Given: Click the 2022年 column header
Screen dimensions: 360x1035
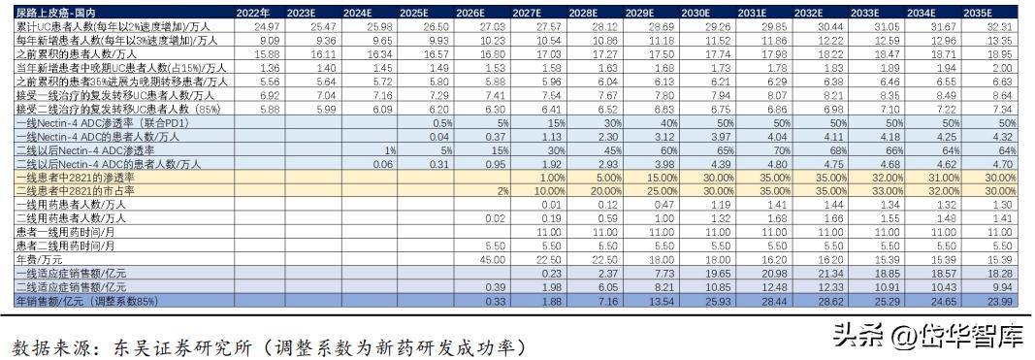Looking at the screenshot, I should click(x=255, y=12).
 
